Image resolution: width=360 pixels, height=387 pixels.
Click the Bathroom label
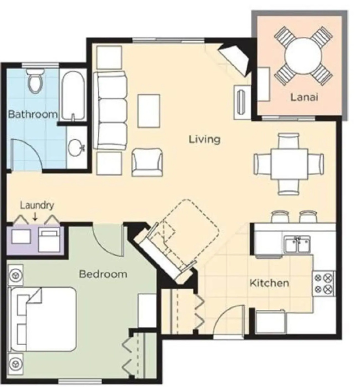click(x=33, y=114)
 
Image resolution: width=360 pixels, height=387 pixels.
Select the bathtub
click(x=73, y=96)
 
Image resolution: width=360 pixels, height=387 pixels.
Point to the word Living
click(x=204, y=140)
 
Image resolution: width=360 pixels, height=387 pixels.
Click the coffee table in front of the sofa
click(x=149, y=111)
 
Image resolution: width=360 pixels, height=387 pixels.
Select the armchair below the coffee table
click(x=147, y=162)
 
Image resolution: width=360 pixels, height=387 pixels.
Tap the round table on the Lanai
click(x=303, y=56)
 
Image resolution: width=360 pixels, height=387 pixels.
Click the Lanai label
click(x=304, y=97)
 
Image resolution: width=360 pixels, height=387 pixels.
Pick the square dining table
click(x=289, y=164)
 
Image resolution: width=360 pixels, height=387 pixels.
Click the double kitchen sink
click(x=297, y=244)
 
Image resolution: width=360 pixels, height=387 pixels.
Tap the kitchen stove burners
click(x=324, y=283)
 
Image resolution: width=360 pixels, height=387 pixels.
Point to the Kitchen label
click(x=269, y=283)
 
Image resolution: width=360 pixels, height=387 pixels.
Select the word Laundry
click(x=37, y=206)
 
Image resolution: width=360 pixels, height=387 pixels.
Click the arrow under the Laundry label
click(x=35, y=216)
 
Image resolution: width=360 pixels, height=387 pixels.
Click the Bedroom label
click(x=103, y=274)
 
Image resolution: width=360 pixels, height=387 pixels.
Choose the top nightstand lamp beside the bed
click(x=16, y=275)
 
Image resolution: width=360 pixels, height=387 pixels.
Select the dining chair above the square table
click(x=289, y=141)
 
